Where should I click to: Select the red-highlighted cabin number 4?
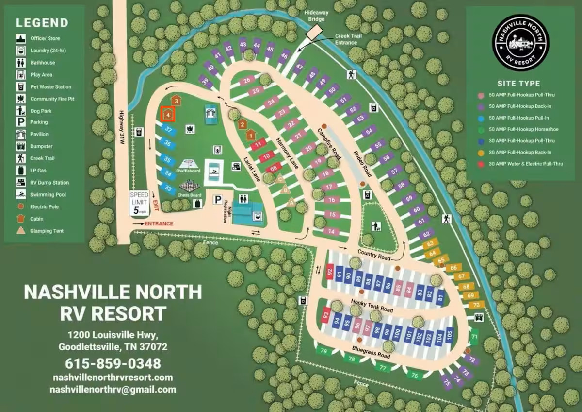coord(168,114)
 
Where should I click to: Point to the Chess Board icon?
coord(190,187)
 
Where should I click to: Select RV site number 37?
coord(168,130)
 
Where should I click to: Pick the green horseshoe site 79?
coord(323,351)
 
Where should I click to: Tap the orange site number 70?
coord(476,305)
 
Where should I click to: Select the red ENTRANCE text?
coord(159,223)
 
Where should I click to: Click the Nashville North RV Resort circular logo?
coord(520,42)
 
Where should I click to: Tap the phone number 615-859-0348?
coord(113,363)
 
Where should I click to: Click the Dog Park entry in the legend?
coord(41,111)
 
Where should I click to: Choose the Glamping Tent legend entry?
coord(47,231)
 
